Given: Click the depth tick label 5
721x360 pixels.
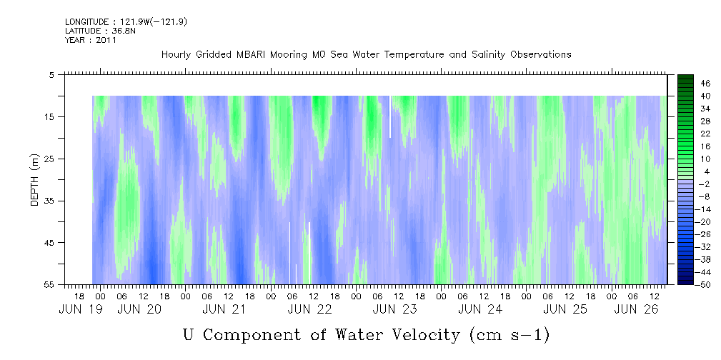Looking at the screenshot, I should click(52, 74).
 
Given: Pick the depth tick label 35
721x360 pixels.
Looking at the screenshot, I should click(50, 201).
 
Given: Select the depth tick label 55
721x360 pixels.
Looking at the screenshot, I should click(50, 285).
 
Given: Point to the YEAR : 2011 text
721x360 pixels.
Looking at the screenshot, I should click(90, 40).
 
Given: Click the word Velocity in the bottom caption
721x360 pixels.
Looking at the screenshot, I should click(417, 334).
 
